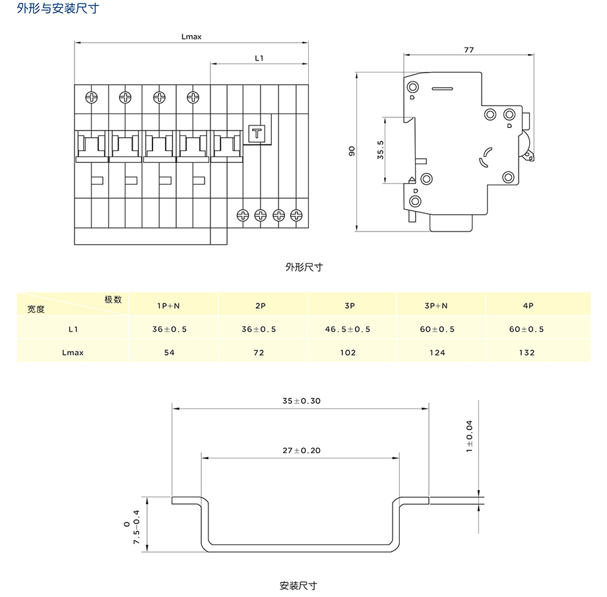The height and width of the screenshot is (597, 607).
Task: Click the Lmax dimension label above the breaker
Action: [x=191, y=37]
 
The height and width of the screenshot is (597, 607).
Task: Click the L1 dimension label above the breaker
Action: [x=259, y=59]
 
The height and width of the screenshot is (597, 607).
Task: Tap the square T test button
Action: [x=255, y=134]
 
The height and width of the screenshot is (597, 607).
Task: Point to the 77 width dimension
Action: [x=468, y=49]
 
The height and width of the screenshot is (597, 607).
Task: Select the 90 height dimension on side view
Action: [x=352, y=152]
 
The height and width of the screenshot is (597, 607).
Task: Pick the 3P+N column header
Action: [x=436, y=306]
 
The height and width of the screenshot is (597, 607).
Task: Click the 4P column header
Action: [x=527, y=306]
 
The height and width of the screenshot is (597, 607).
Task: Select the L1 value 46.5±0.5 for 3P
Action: [x=348, y=329]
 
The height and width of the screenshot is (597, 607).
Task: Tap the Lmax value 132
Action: [x=527, y=352]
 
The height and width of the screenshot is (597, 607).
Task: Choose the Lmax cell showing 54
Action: [x=170, y=352]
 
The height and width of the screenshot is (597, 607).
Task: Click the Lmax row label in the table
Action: [x=73, y=352]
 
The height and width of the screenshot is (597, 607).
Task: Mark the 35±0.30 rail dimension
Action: [x=302, y=400]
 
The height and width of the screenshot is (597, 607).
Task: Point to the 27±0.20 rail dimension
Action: [x=302, y=450]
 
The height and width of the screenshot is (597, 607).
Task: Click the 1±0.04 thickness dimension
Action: [x=469, y=436]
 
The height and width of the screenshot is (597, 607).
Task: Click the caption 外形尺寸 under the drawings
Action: [x=303, y=267]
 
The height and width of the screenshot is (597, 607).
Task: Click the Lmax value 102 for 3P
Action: [x=348, y=352]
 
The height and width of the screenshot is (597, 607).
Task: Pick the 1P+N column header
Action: [x=170, y=306]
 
